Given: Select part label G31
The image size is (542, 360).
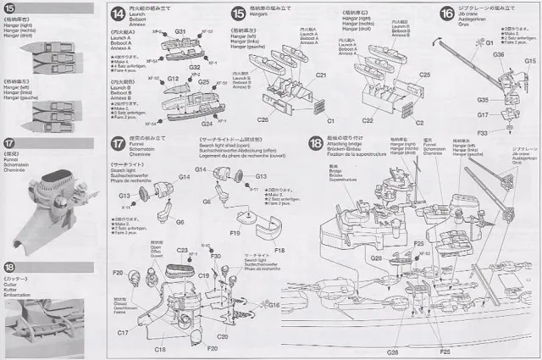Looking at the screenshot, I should (180, 32).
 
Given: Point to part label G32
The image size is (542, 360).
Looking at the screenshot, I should (194, 66).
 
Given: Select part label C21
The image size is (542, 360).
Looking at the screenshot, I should (321, 75).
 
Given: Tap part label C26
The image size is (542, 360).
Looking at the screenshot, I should (263, 119).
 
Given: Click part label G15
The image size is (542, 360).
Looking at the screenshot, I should (529, 62).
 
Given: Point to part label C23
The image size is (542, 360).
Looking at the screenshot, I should (181, 251).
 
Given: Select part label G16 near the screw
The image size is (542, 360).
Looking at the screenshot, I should (274, 304).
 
